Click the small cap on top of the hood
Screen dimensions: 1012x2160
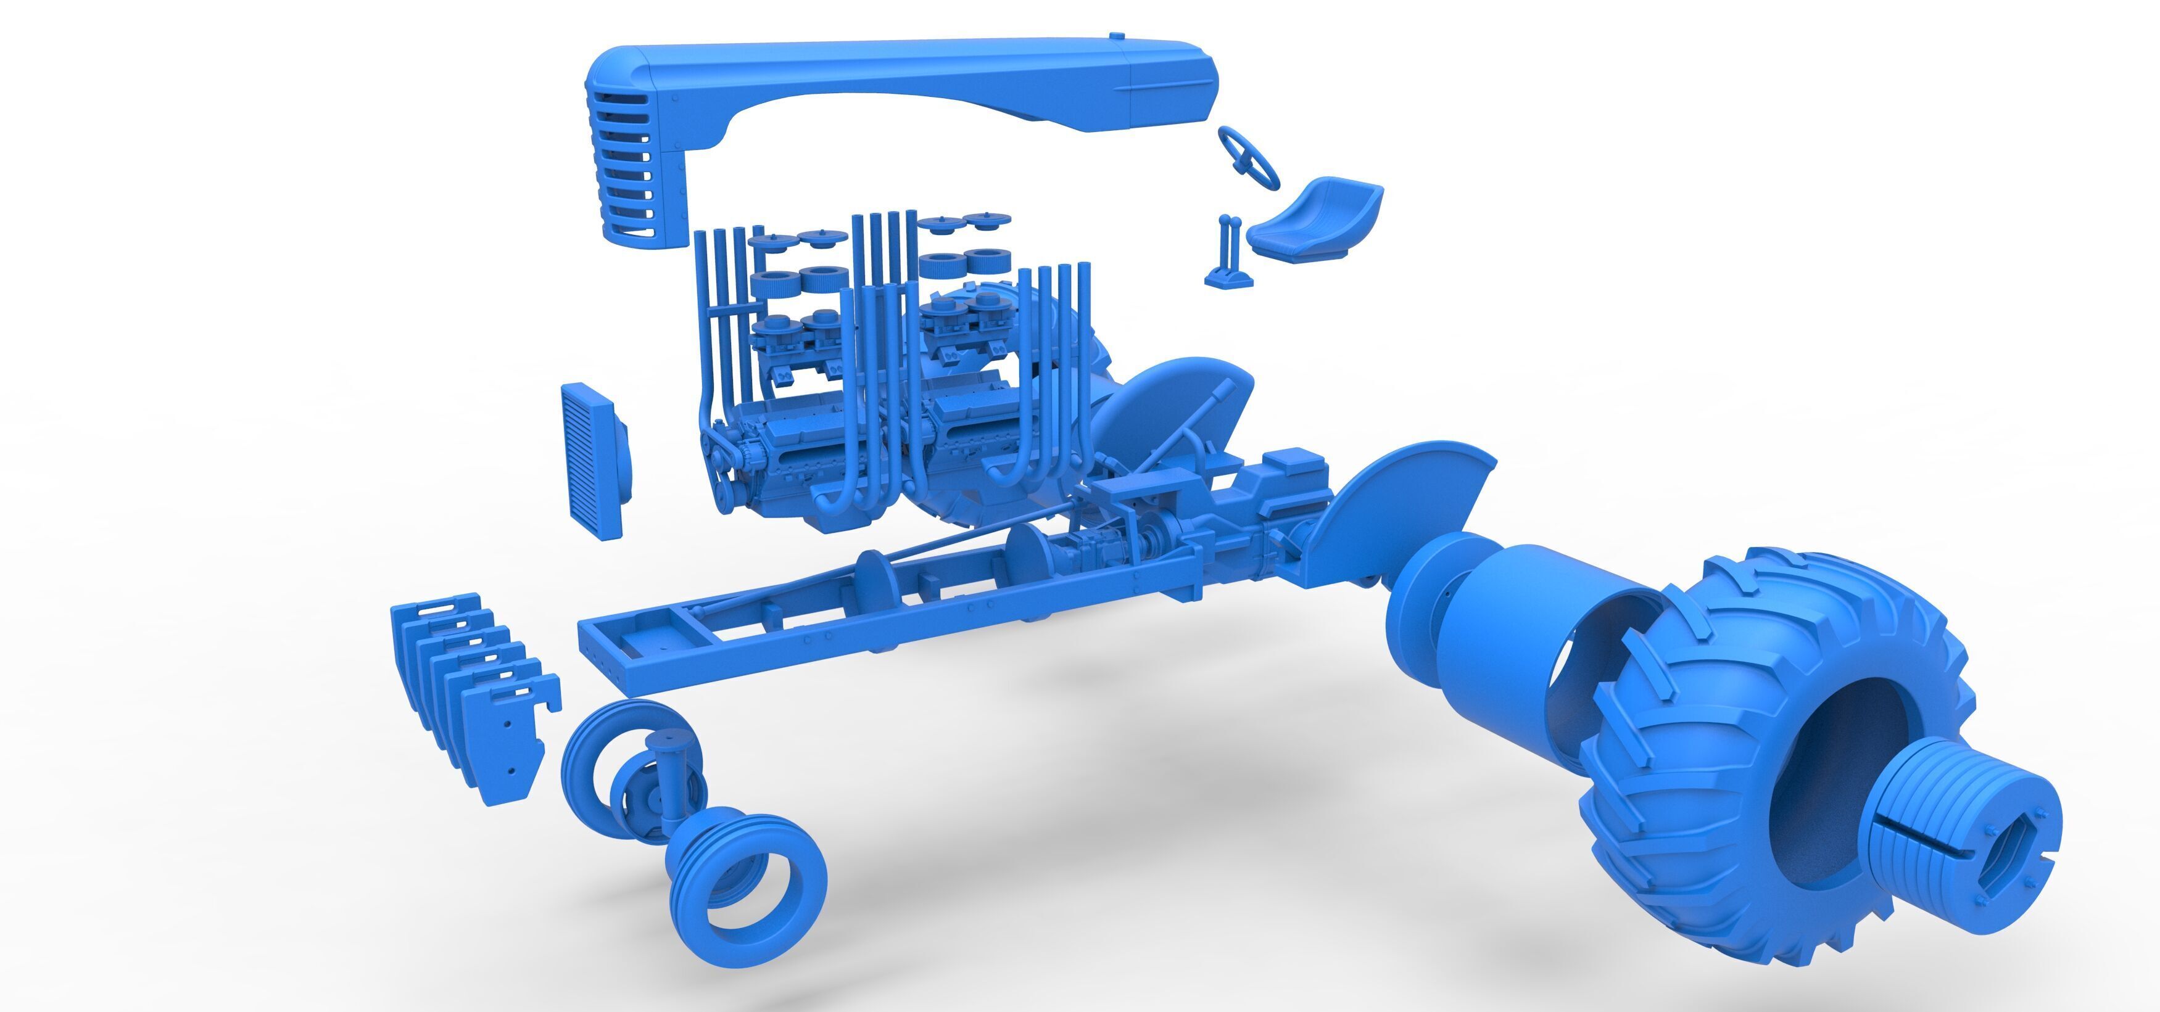click(1115, 37)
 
